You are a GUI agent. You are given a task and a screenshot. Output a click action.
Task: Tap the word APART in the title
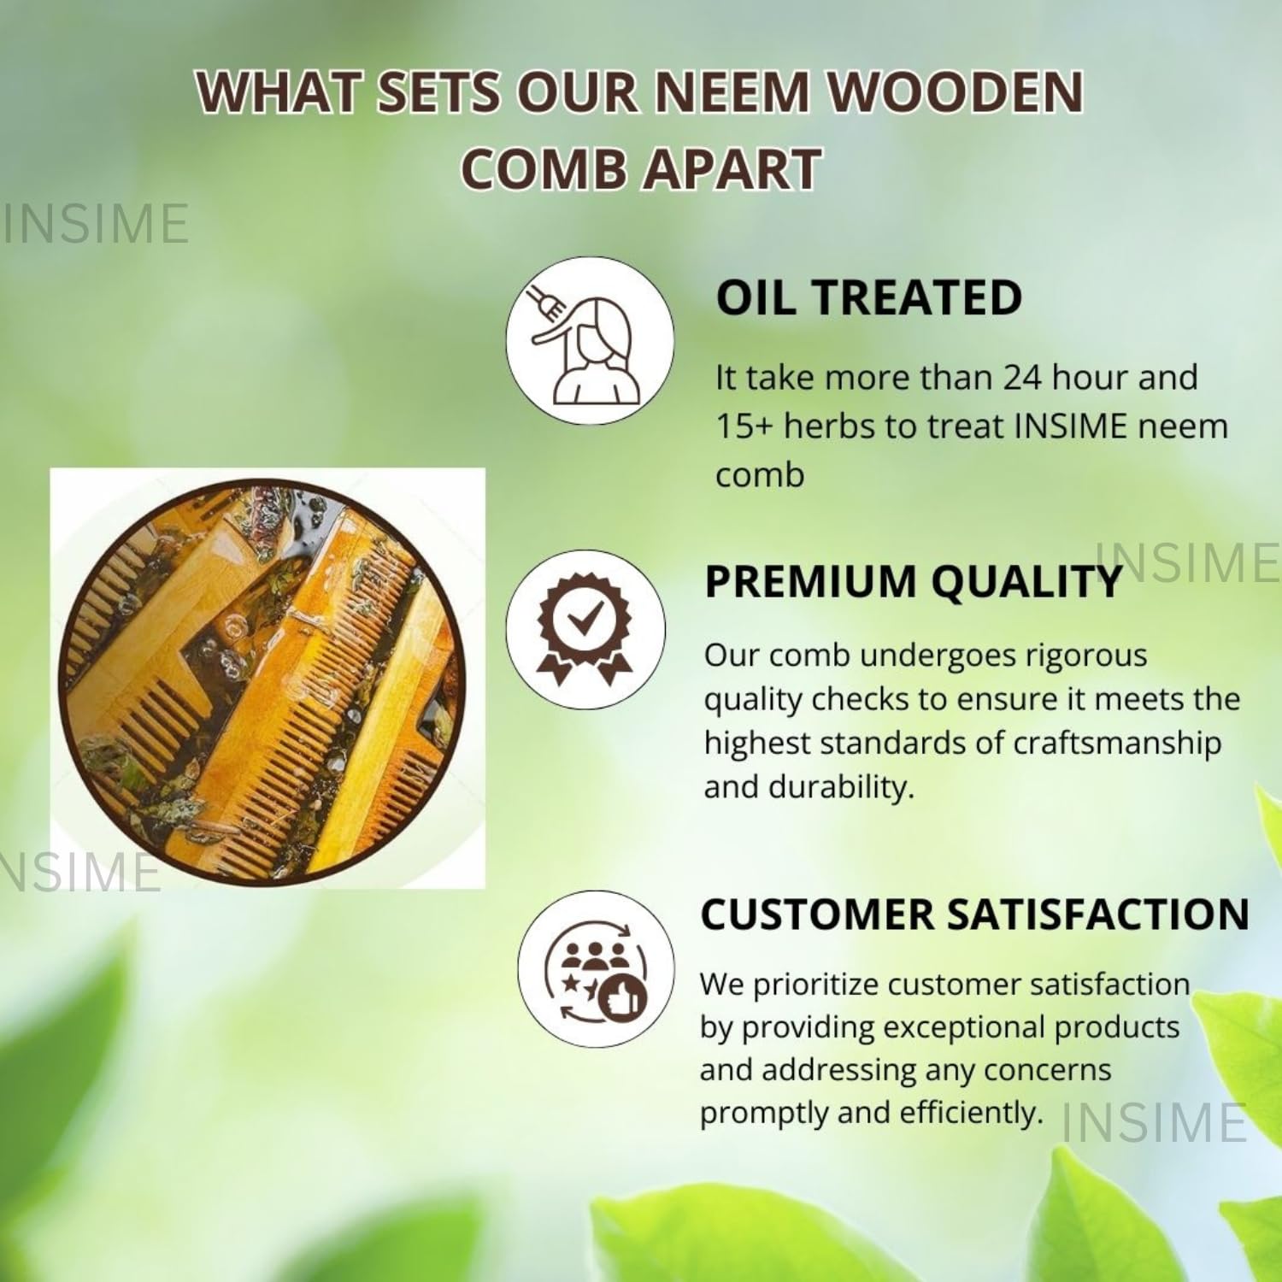click(732, 168)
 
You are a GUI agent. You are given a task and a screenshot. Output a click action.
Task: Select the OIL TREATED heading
click(869, 297)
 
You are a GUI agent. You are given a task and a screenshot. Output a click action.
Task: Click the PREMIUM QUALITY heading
click(913, 581)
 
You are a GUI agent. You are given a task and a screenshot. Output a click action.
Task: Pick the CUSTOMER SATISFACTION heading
click(975, 914)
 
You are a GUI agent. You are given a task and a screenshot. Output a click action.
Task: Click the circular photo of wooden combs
click(262, 679)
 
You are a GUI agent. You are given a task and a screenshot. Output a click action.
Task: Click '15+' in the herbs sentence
click(744, 426)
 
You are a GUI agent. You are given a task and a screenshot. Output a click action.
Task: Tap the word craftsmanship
click(1117, 743)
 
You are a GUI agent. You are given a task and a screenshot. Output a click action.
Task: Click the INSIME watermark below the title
click(95, 223)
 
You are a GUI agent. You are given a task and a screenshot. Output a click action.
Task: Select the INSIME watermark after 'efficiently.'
click(1154, 1122)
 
